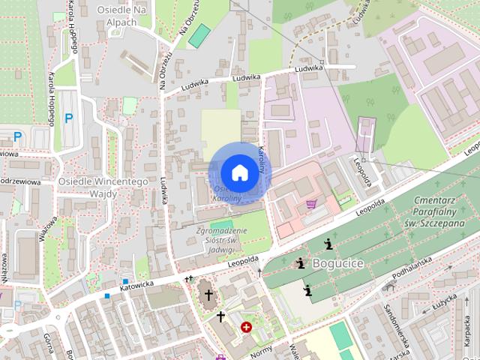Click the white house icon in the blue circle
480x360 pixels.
click(238, 172)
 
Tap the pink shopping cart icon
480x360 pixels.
click(310, 203)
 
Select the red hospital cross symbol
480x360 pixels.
click(246, 328)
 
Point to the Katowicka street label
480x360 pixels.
click(136, 285)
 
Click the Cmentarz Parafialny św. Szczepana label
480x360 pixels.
click(439, 213)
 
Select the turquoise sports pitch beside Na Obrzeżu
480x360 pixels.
click(199, 35)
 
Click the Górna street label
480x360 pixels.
click(46, 345)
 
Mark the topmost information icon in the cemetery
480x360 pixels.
click(328, 243)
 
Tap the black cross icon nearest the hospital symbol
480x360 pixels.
click(221, 316)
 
